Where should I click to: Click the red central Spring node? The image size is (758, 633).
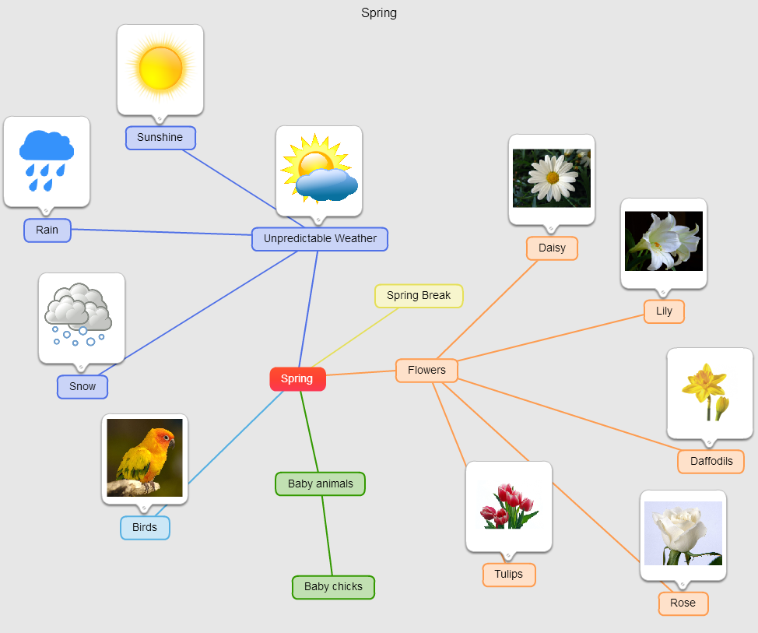(x=297, y=379)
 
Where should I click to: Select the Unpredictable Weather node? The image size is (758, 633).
(x=319, y=239)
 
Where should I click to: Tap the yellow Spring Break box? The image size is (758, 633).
(x=419, y=296)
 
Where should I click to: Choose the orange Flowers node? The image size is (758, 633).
(x=426, y=371)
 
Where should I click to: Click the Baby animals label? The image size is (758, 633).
(x=320, y=484)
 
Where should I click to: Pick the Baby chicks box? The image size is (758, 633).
(x=333, y=587)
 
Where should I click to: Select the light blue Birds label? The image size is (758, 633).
(x=145, y=528)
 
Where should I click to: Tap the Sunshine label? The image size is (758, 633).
(x=160, y=138)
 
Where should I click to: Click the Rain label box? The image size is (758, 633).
(x=47, y=230)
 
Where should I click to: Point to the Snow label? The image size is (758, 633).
(x=82, y=387)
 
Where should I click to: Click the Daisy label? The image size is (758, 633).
(x=552, y=248)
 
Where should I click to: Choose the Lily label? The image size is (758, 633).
(x=664, y=311)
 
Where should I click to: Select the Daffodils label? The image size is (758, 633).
(x=711, y=461)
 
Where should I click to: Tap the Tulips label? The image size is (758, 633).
(x=509, y=575)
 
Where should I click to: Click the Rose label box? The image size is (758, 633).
(x=683, y=603)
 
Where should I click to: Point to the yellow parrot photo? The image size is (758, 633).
(x=145, y=457)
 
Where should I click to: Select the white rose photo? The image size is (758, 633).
(x=683, y=533)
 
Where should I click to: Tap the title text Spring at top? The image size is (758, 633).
(x=379, y=13)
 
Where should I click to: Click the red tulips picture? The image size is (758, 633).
(x=509, y=506)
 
